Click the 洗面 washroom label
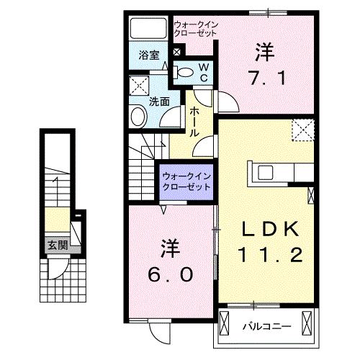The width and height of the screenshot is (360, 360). coord(159,102)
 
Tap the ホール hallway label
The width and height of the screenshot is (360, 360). coord(194,122)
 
